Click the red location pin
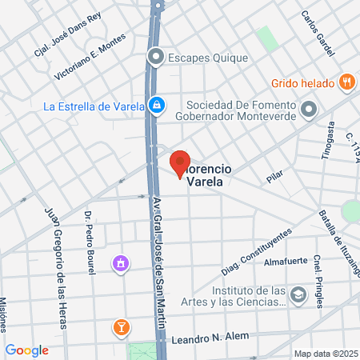[x=180, y=162]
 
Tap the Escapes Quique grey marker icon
[x=156, y=57]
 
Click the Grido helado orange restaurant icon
[x=346, y=81]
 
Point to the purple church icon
[x=121, y=262]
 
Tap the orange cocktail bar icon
[x=121, y=326]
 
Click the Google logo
[x=27, y=350]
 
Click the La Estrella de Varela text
[x=94, y=105]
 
